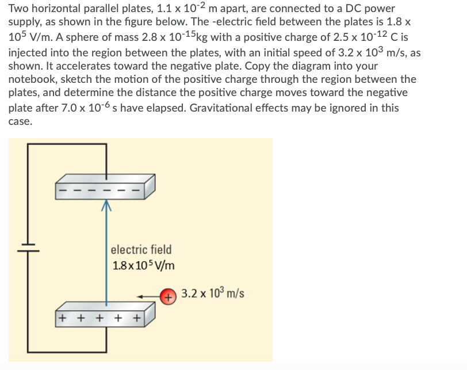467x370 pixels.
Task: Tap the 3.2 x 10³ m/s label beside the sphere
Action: click(x=212, y=293)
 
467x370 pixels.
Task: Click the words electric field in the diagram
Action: click(x=140, y=250)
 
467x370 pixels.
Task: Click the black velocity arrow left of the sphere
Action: click(x=149, y=297)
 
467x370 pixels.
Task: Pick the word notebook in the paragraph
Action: click(x=33, y=79)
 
